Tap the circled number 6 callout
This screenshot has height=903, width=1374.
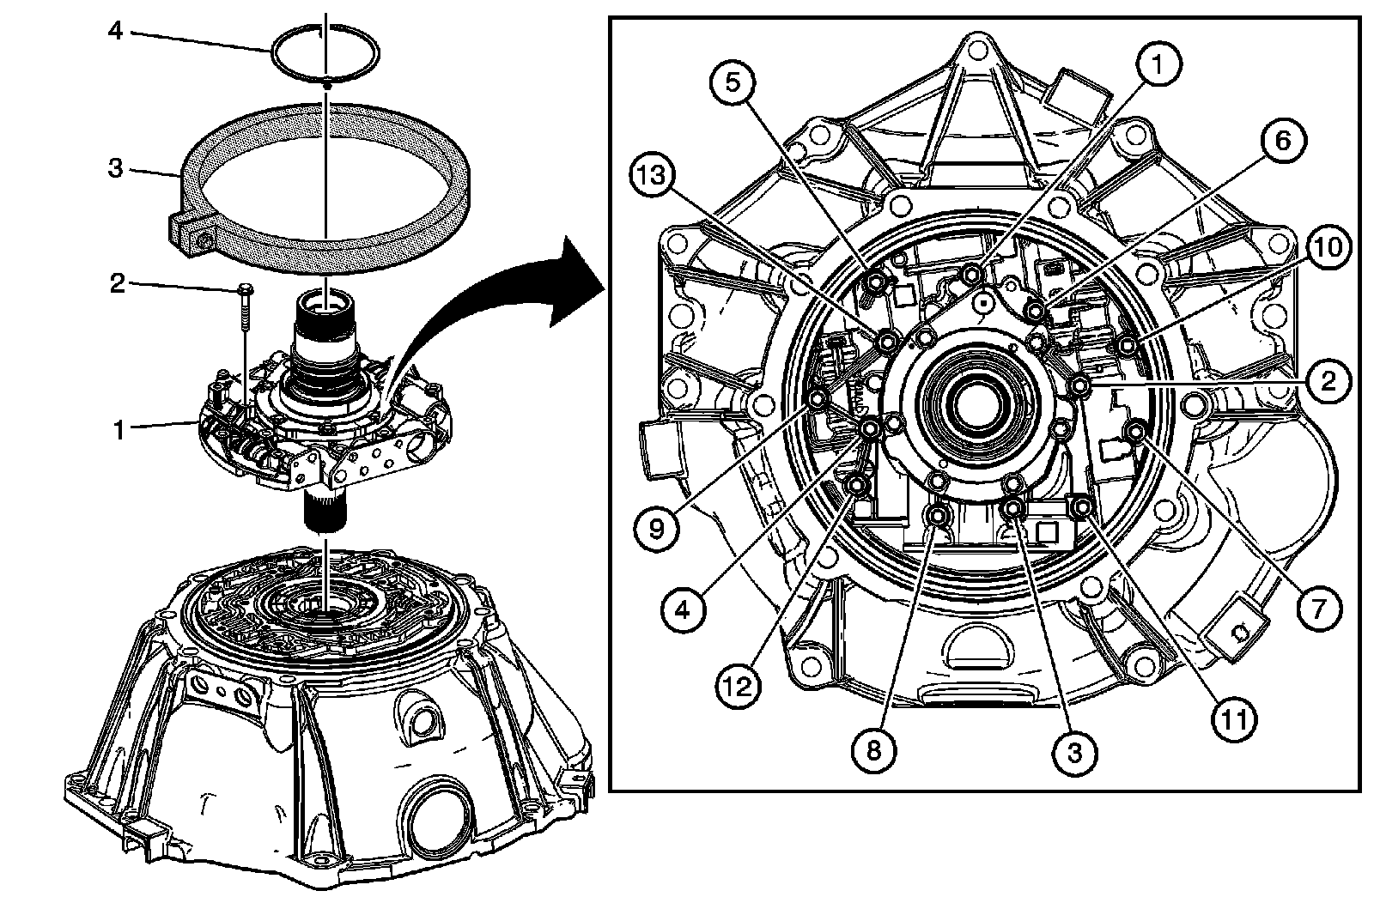point(1280,140)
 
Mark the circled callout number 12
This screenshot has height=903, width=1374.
point(740,685)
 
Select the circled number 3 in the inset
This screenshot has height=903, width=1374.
point(1074,752)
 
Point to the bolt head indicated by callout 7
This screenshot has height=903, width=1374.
point(1136,432)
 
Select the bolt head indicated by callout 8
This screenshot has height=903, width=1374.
point(937,517)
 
